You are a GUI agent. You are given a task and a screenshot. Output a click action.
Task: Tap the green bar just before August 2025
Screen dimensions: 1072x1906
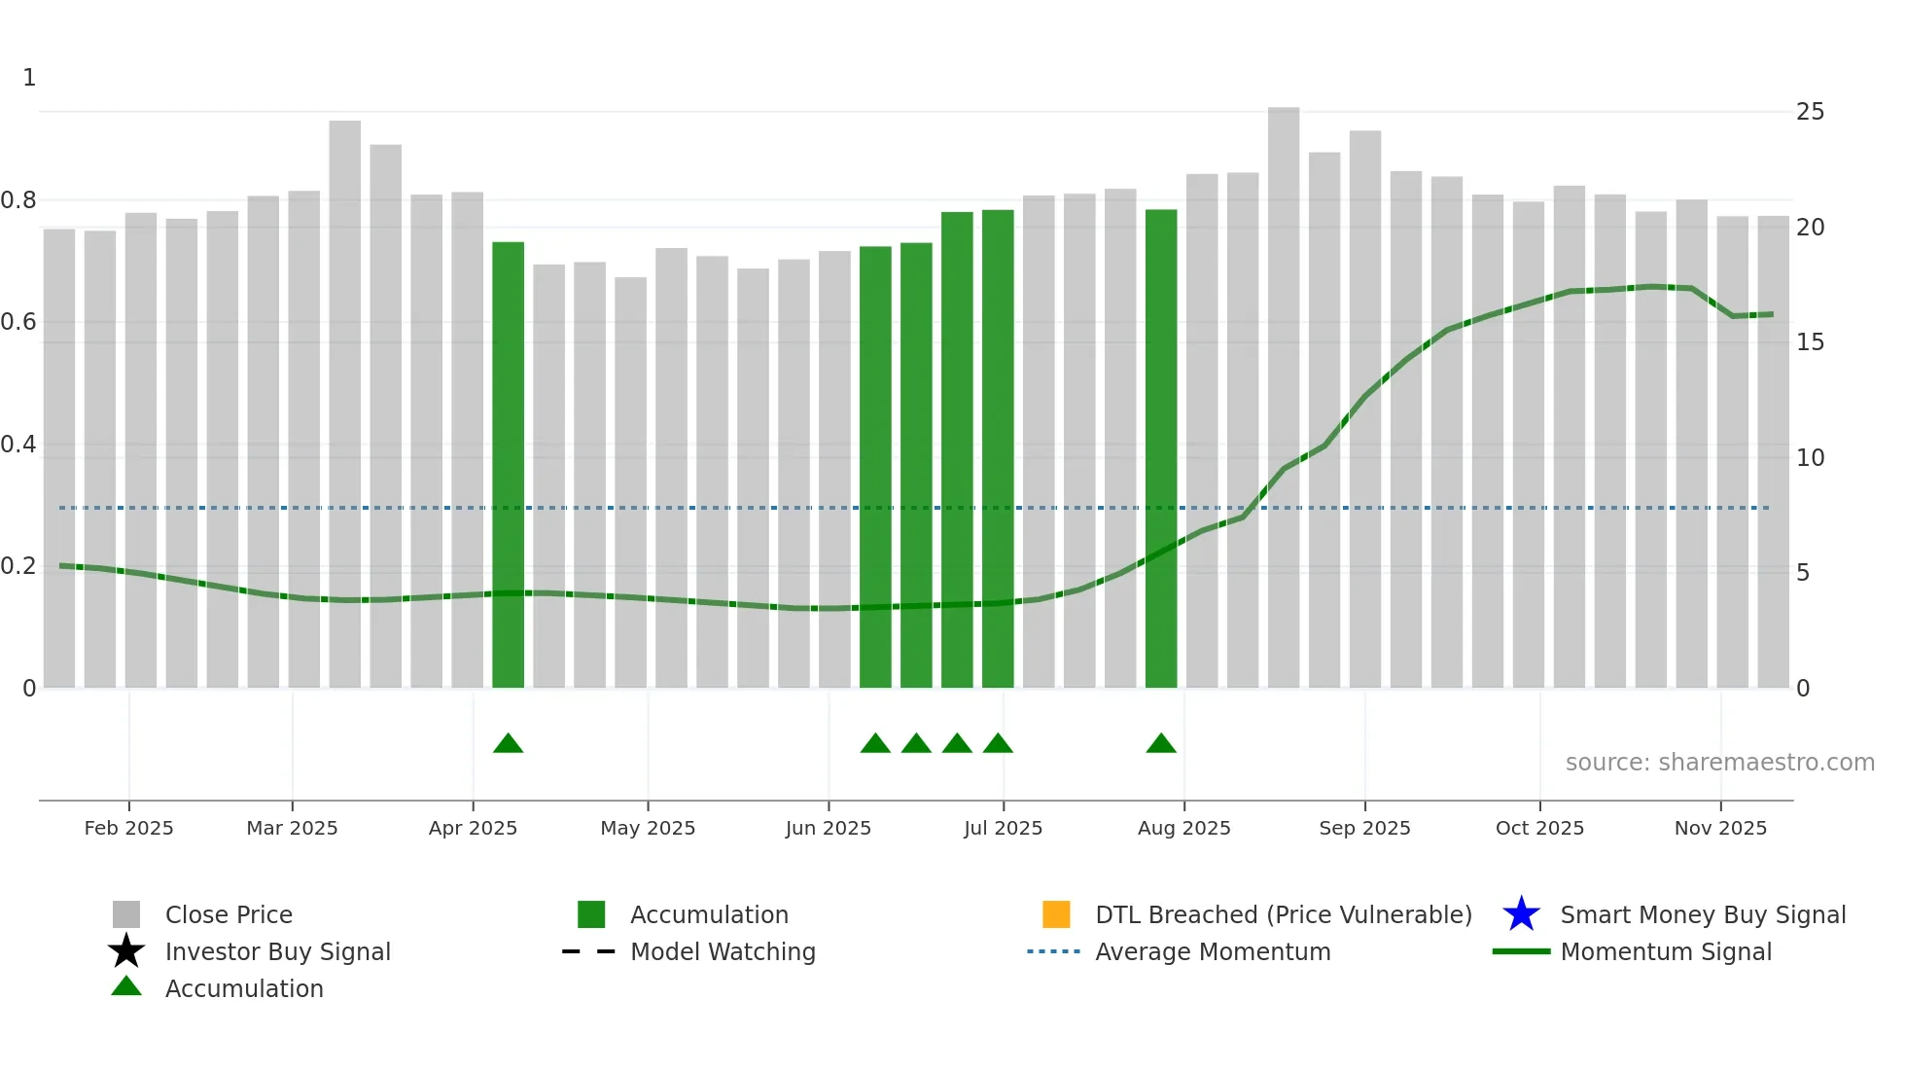tap(1161, 448)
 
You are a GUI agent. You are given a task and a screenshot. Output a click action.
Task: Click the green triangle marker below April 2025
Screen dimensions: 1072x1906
tap(508, 744)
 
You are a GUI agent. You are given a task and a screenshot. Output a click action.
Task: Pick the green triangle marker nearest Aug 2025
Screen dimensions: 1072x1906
tap(1161, 744)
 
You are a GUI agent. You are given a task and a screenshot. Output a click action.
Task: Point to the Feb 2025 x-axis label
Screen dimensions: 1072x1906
tap(128, 828)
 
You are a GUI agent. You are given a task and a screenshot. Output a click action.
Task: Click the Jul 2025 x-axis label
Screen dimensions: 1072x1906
tap(1003, 828)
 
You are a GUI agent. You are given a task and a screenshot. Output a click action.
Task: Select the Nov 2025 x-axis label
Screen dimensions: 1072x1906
tap(1720, 828)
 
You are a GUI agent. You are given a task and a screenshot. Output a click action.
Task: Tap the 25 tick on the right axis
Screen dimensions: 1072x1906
tap(1810, 112)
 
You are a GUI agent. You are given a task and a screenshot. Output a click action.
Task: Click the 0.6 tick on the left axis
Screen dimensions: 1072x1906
tap(19, 322)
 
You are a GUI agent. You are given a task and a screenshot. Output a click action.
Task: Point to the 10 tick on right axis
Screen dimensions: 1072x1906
tap(1810, 458)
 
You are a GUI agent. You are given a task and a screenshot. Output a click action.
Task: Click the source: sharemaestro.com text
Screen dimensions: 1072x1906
tap(1719, 763)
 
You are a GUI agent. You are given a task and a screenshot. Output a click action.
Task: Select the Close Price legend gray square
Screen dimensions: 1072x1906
tap(126, 914)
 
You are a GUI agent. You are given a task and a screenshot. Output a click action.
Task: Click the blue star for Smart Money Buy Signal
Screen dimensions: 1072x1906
tap(1521, 914)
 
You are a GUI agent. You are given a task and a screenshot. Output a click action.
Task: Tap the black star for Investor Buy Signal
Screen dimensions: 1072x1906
tap(126, 951)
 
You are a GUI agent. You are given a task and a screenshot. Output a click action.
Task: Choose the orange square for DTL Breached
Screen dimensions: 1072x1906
tap(1056, 914)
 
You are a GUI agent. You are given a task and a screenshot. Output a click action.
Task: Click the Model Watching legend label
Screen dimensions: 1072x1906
tap(723, 951)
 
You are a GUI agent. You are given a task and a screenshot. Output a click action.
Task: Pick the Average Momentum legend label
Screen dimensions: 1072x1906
tap(1213, 951)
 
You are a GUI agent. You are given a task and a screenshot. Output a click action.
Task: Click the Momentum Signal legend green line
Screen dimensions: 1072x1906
tap(1521, 951)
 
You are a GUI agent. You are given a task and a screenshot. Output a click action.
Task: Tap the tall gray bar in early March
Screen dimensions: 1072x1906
tap(344, 404)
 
